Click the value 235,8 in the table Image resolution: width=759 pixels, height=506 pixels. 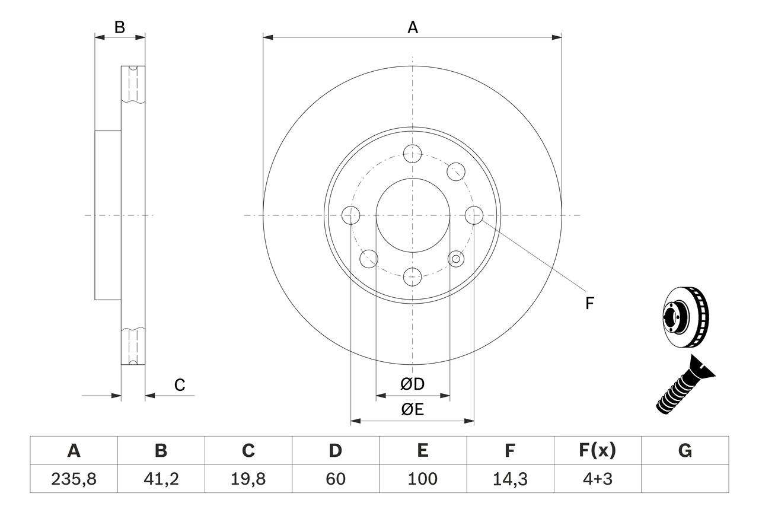(x=74, y=479)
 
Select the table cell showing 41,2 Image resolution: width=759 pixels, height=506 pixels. (x=161, y=479)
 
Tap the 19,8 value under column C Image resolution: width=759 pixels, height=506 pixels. (x=248, y=479)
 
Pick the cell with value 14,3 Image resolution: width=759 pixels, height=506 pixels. (x=510, y=479)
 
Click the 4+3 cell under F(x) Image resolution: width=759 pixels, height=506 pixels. (x=597, y=479)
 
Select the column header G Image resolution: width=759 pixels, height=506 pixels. (x=685, y=451)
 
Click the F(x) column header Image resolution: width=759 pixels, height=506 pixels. (x=597, y=451)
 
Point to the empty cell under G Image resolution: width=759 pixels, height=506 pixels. (x=685, y=479)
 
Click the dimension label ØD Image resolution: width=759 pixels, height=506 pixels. (x=413, y=384)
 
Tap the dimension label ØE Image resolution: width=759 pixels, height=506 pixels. (x=413, y=410)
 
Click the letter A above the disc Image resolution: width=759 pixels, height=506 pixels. (x=413, y=27)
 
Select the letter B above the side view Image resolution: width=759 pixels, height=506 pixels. (x=120, y=27)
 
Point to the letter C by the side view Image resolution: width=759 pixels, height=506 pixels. (x=180, y=385)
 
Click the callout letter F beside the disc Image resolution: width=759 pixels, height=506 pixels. (x=589, y=304)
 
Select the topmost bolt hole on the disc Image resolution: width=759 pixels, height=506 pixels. (x=412, y=154)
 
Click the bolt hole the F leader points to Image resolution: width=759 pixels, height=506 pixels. (x=474, y=215)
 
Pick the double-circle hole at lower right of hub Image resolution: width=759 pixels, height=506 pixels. (x=455, y=258)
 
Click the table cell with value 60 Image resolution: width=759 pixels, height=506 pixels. (x=335, y=479)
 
